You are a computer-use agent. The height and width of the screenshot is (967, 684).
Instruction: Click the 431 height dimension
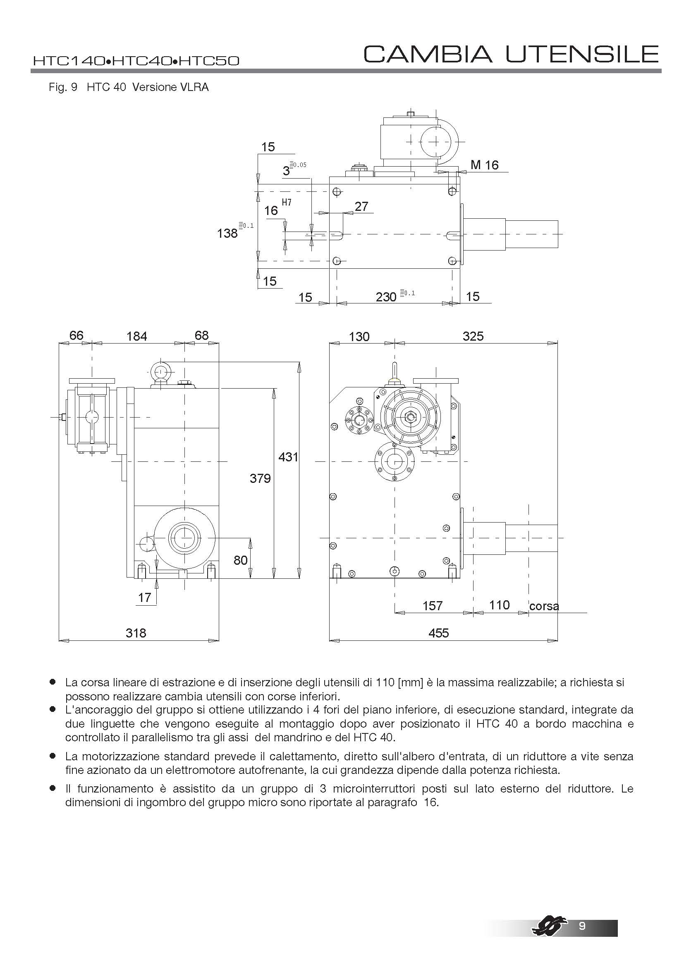pyautogui.click(x=288, y=457)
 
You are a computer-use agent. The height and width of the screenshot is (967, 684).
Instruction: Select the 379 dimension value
pyautogui.click(x=260, y=478)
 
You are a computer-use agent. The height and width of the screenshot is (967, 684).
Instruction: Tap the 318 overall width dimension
pyautogui.click(x=136, y=633)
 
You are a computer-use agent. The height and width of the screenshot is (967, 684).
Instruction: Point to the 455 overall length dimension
pyautogui.click(x=438, y=633)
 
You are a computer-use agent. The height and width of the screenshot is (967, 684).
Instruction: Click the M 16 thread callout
pyautogui.click(x=484, y=165)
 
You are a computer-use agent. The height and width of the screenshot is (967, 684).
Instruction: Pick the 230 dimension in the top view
pyautogui.click(x=386, y=297)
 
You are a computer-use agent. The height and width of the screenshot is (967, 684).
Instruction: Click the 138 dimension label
pyautogui.click(x=227, y=233)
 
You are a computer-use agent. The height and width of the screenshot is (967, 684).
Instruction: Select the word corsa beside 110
pyautogui.click(x=544, y=606)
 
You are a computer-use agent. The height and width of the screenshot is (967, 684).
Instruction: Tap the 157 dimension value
pyautogui.click(x=433, y=606)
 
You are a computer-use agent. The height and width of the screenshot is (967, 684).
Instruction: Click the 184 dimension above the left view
pyautogui.click(x=137, y=337)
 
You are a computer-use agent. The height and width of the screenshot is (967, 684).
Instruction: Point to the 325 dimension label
pyautogui.click(x=473, y=336)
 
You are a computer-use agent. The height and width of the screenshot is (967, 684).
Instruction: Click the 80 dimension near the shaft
pyautogui.click(x=241, y=560)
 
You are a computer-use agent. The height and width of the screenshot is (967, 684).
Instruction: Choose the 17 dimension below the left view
pyautogui.click(x=144, y=598)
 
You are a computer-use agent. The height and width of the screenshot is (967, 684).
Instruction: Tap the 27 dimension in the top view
pyautogui.click(x=361, y=206)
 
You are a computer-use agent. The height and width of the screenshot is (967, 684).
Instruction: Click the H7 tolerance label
pyautogui.click(x=287, y=203)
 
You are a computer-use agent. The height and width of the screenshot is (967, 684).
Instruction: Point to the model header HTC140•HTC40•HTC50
pyautogui.click(x=136, y=61)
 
